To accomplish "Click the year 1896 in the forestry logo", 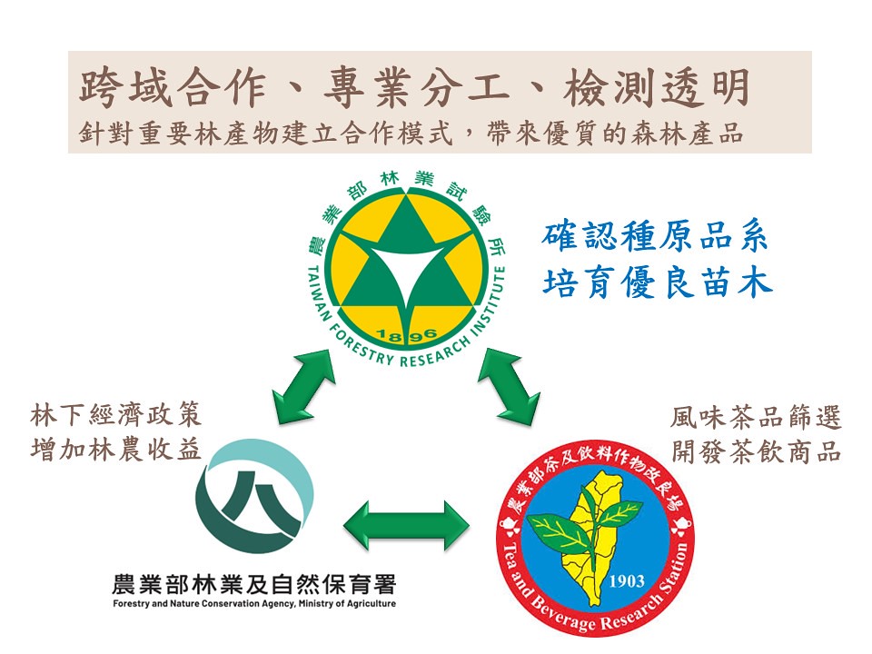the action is (406, 334).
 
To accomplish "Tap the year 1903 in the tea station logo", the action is (627, 581).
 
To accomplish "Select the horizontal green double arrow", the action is (407, 526).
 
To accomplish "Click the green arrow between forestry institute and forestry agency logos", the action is (303, 386).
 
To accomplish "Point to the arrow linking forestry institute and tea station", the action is (509, 386).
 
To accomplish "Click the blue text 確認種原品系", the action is (655, 236).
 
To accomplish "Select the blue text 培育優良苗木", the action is (658, 282).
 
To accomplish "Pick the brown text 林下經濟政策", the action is (115, 415).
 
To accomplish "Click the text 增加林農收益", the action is (115, 450).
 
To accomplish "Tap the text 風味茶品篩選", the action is (756, 418).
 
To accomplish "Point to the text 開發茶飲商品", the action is (756, 451).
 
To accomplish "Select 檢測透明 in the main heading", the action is (657, 88).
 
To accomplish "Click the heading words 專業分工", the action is (416, 88).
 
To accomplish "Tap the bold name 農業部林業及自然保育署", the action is (253, 584).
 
